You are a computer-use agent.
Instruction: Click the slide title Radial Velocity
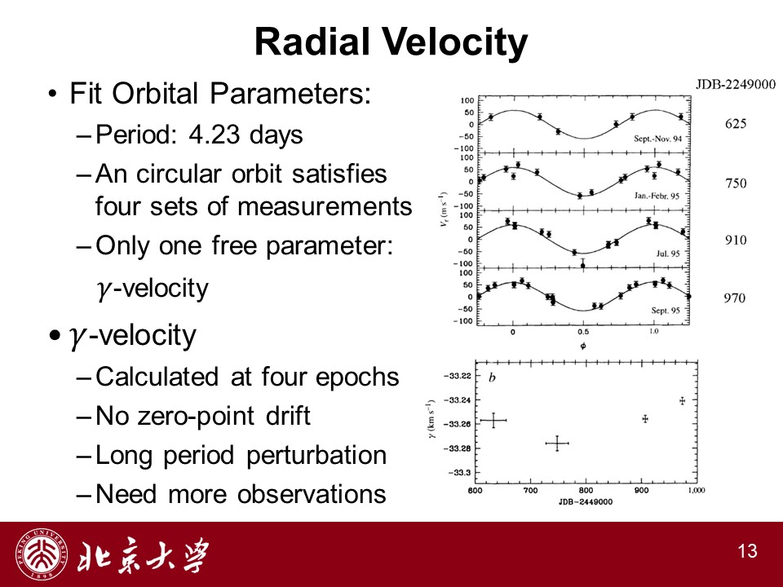(391, 42)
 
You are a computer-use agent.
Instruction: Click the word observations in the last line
(312, 494)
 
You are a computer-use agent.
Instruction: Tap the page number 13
(748, 551)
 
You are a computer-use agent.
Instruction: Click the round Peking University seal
(42, 554)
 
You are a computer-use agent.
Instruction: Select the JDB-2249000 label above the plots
(736, 84)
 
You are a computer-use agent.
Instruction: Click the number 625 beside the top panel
(736, 124)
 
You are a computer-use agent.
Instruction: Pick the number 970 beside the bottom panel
(735, 298)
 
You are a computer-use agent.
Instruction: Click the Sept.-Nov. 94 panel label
(657, 139)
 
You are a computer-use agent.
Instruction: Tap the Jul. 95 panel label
(668, 254)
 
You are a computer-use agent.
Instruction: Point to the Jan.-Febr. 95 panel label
(657, 196)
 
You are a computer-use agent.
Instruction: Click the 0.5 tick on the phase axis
(582, 332)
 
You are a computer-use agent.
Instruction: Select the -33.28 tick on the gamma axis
(457, 448)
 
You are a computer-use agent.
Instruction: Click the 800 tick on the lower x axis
(586, 490)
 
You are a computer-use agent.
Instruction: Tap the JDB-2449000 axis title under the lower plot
(586, 501)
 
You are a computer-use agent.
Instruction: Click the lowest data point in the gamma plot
(557, 444)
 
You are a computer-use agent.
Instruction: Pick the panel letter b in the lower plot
(492, 377)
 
